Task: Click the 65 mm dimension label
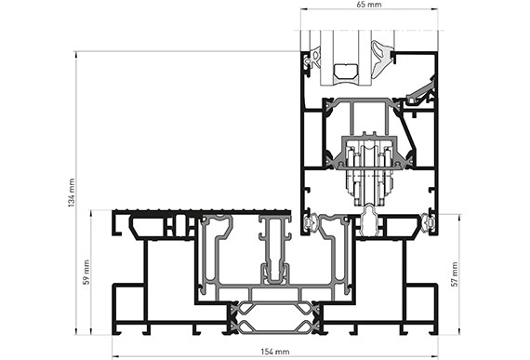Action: tap(369, 5)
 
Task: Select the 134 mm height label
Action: tap(72, 193)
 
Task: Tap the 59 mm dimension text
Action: tap(86, 273)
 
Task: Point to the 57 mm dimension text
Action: tap(456, 274)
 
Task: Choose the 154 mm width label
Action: tap(275, 352)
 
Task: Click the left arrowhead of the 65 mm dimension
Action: tap(303, 9)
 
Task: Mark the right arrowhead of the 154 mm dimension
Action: tap(435, 356)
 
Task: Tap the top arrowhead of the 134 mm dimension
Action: tap(76, 54)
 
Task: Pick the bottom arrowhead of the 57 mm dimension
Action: tap(459, 332)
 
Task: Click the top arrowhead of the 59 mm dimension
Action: tap(91, 213)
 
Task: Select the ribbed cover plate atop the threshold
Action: tap(202, 212)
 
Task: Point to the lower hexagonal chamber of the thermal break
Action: tap(274, 326)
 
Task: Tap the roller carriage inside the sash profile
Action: tap(369, 169)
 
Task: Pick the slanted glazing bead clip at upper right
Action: tap(420, 90)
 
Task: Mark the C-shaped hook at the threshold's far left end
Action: tap(116, 224)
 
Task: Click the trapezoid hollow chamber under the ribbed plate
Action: tap(148, 228)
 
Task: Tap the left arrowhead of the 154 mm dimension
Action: tap(115, 356)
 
